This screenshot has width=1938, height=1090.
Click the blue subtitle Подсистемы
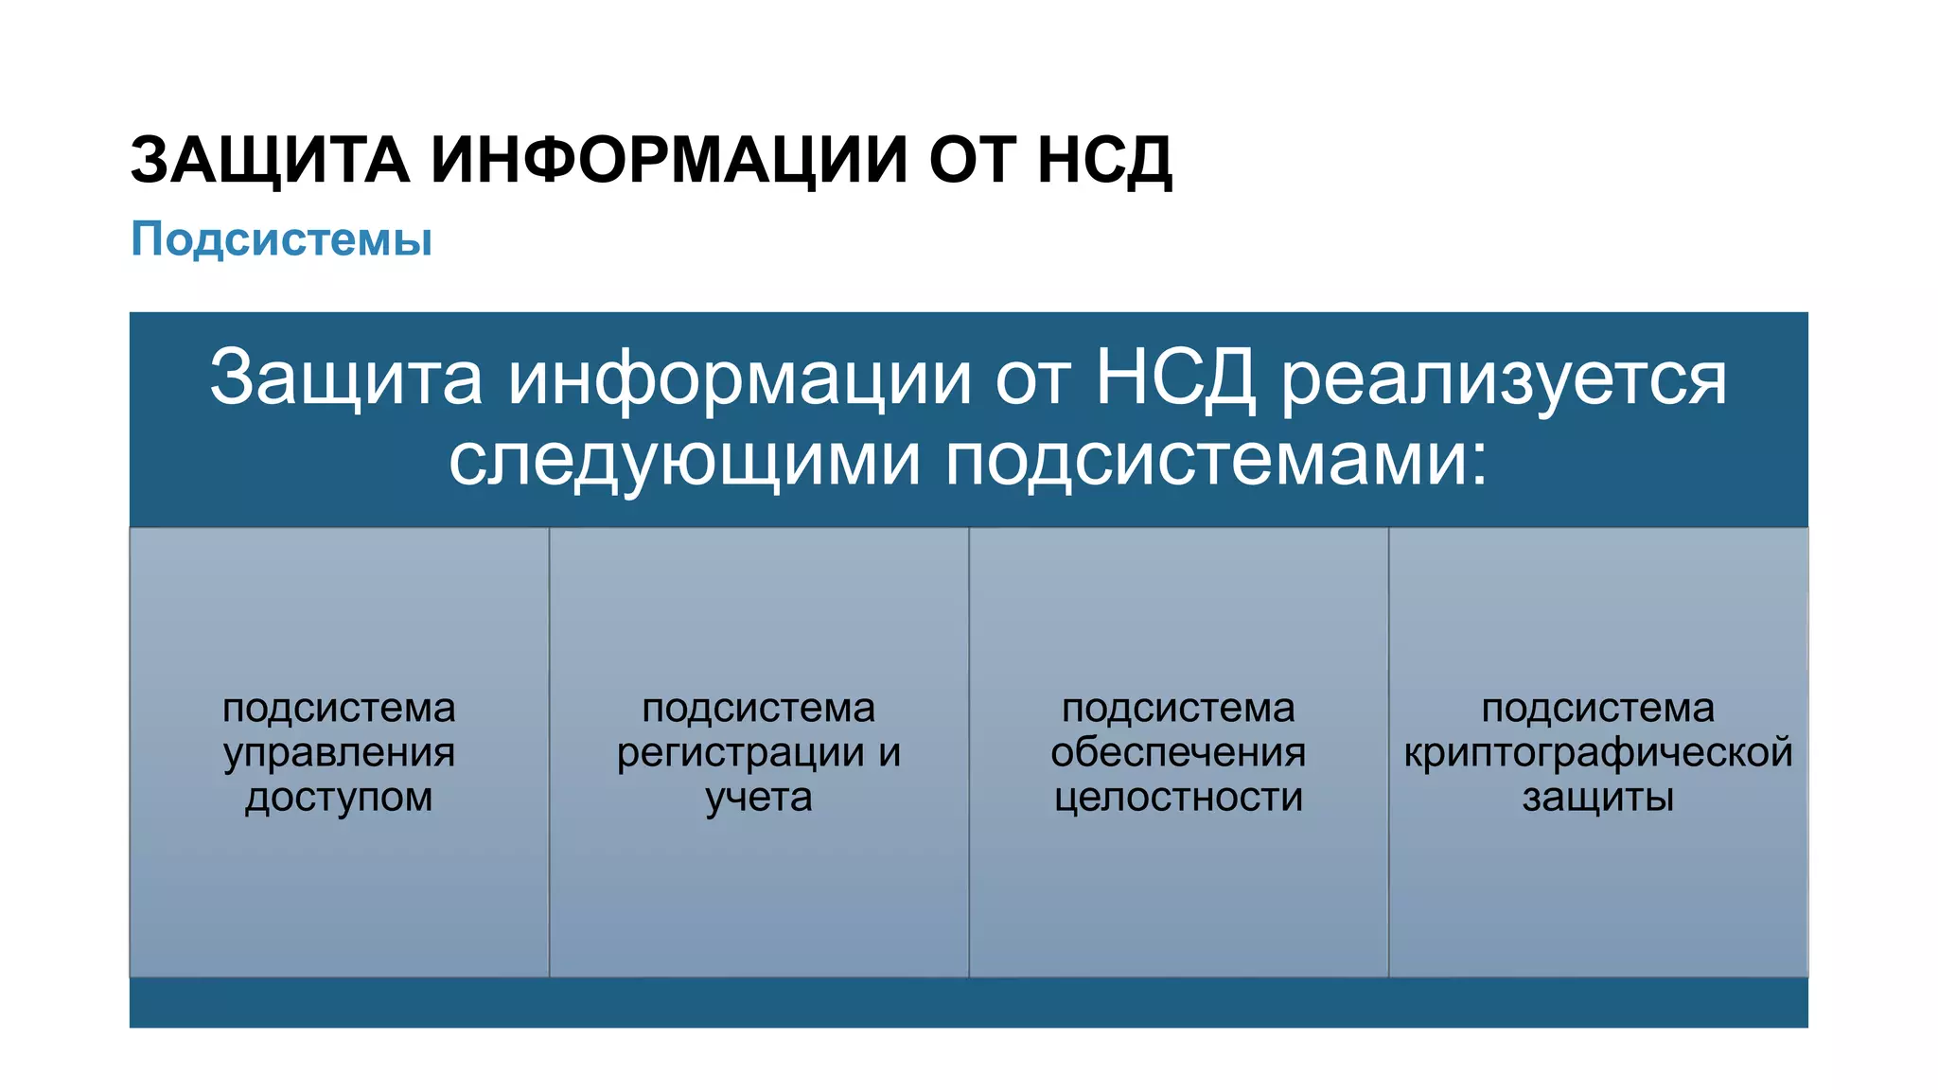281,238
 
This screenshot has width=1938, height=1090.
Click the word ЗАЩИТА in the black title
270,160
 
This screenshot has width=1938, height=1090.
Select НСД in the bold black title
1104,160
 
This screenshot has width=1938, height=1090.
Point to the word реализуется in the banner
1504,378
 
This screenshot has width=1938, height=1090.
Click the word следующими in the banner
684,461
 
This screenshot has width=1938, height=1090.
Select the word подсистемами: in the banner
1217,461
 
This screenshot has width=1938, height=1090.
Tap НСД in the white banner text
1175,378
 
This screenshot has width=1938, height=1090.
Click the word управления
340,753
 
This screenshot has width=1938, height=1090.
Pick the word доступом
340,798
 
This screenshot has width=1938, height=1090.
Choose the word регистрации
741,753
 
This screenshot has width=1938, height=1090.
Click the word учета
759,798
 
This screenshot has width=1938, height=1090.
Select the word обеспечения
1178,753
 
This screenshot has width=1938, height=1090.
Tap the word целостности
1178,798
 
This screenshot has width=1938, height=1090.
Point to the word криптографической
1598,753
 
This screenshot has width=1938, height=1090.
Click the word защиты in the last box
1598,798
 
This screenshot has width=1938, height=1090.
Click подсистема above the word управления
340,708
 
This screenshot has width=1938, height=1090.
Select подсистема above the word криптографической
1598,708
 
